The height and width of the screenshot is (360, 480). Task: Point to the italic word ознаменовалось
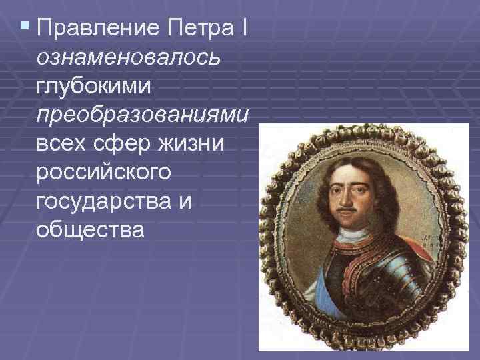[x=128, y=58]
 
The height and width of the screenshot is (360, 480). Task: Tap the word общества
[x=90, y=230]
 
